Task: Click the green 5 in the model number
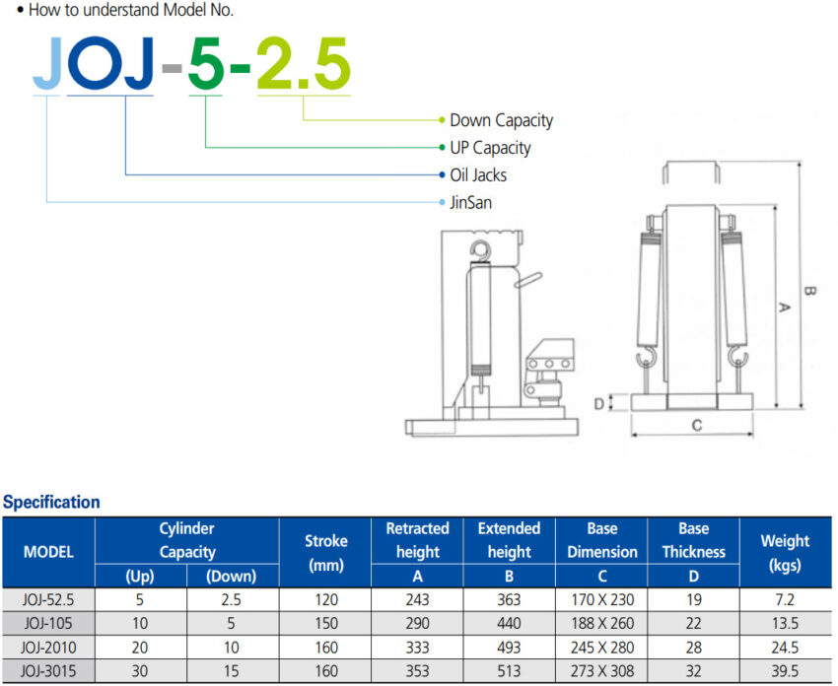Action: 206,64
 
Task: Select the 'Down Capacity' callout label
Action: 501,120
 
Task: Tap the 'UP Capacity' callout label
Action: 490,148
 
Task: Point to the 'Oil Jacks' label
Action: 478,174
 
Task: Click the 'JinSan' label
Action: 470,202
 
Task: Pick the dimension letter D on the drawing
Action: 599,403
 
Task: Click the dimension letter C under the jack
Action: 697,425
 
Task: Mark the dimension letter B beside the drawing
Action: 809,291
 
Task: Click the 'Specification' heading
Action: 51,502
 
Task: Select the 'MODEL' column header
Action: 48,552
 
